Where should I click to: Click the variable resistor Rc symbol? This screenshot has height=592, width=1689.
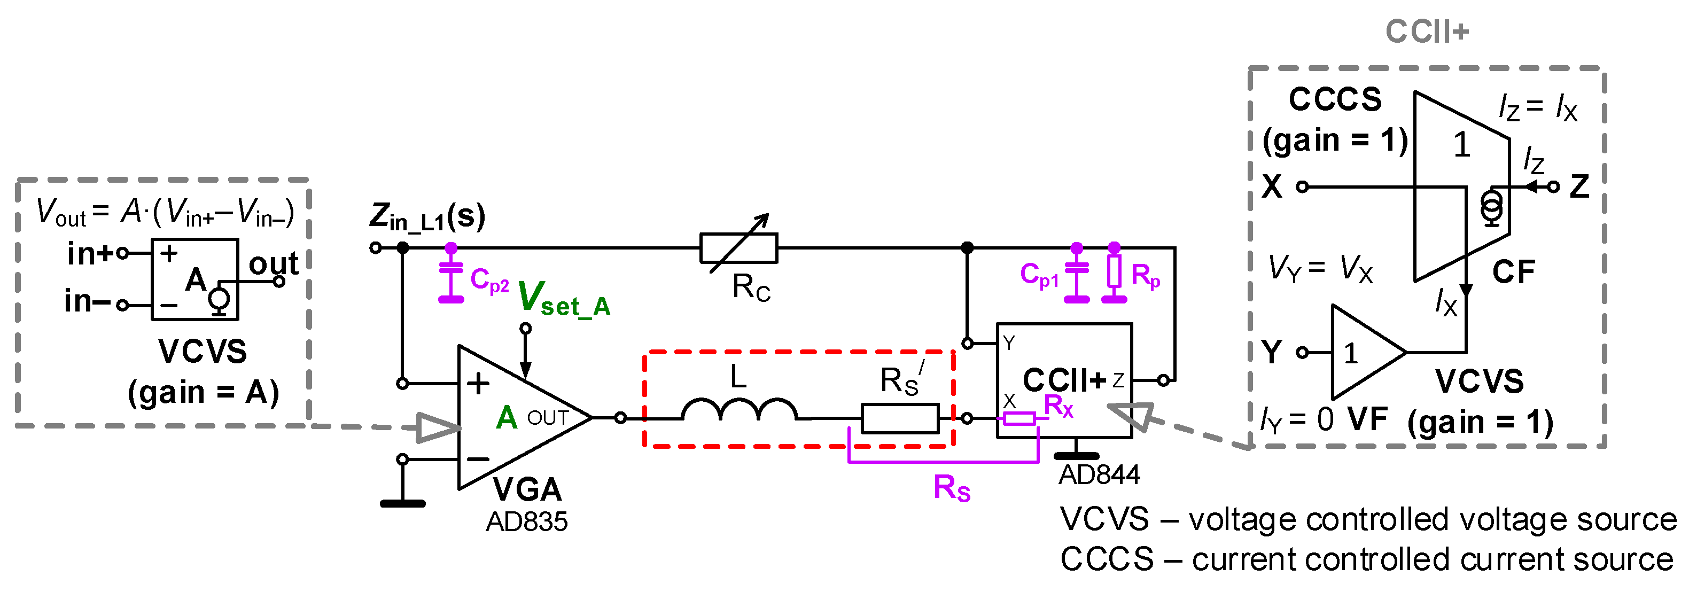click(x=738, y=248)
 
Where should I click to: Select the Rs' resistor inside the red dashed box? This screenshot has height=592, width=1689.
click(x=900, y=418)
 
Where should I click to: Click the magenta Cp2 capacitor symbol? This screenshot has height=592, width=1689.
click(x=450, y=275)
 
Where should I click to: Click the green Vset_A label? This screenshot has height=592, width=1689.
click(x=564, y=299)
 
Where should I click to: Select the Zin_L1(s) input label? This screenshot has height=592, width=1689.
click(x=427, y=217)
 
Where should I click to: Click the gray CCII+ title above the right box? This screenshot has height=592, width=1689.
click(x=1427, y=32)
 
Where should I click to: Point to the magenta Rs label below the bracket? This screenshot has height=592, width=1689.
click(x=952, y=488)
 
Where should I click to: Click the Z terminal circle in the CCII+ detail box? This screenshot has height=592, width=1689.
click(x=1553, y=187)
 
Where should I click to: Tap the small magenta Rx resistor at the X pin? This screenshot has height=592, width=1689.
click(x=1019, y=418)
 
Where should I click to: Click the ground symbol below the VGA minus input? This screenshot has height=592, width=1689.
click(x=402, y=503)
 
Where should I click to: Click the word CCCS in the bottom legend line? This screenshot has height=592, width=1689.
click(x=1106, y=559)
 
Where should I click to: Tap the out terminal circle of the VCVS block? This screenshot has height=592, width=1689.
click(x=279, y=282)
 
